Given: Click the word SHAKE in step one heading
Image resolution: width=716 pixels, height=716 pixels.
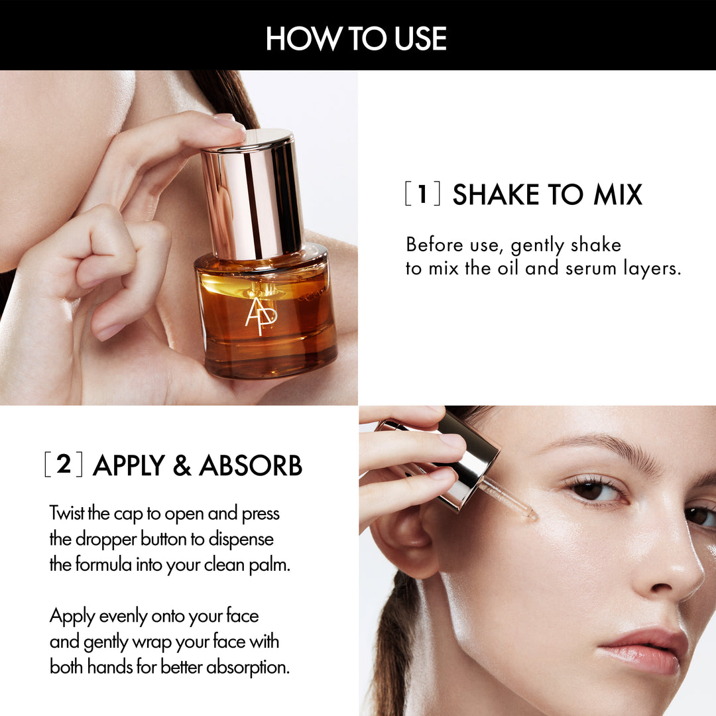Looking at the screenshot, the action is click(496, 194).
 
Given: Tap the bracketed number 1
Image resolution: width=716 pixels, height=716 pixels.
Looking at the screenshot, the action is click(422, 194).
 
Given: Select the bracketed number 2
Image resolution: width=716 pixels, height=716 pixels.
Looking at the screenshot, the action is click(64, 464).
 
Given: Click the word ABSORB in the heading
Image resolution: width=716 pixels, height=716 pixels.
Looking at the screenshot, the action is click(251, 465).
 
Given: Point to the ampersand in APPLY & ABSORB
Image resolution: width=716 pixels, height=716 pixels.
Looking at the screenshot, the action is click(182, 465).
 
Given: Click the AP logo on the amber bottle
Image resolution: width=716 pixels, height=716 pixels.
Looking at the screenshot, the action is click(261, 315).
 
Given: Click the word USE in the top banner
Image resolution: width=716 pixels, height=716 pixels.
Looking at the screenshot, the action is click(420, 38).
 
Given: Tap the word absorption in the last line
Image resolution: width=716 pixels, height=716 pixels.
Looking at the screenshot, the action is click(248, 667).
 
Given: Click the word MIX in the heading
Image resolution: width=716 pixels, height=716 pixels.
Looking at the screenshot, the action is click(618, 194).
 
